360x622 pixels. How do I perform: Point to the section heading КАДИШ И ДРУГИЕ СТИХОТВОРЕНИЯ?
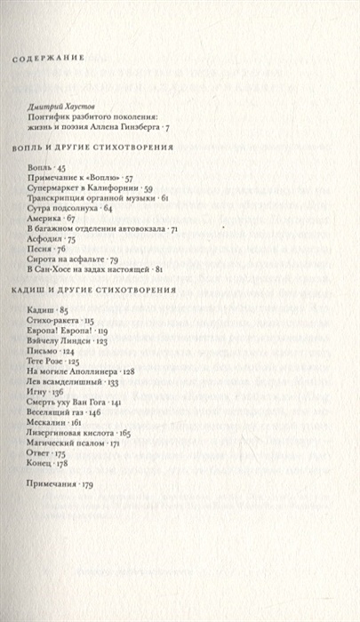tap(87, 291)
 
